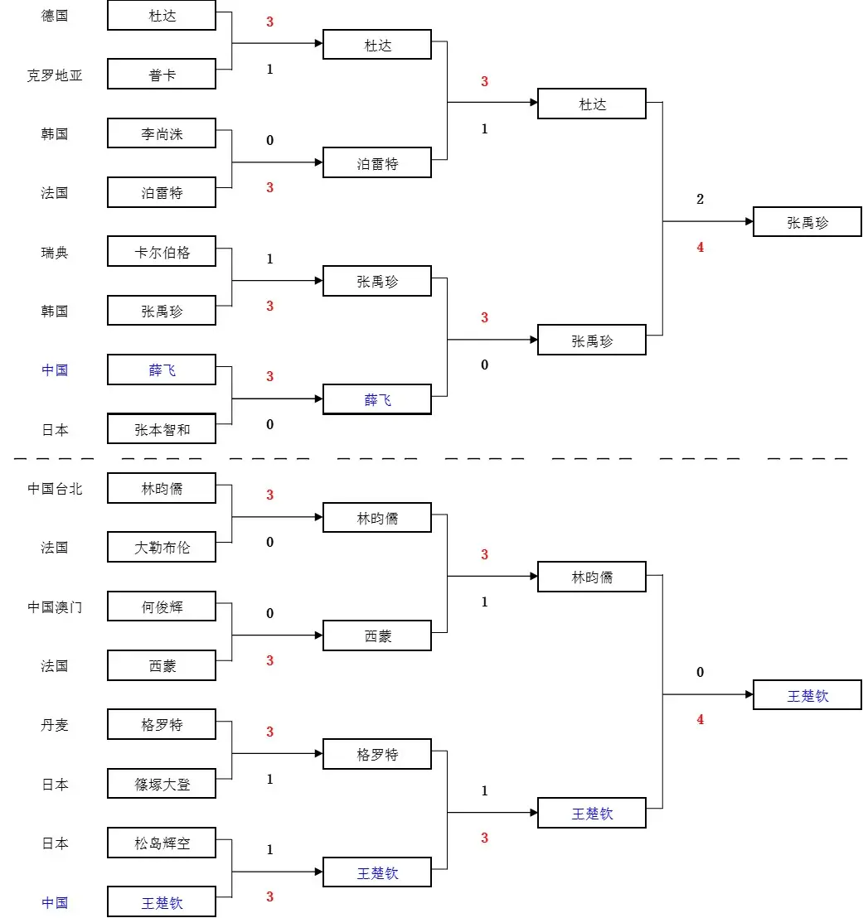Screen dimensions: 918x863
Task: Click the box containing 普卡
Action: click(x=162, y=75)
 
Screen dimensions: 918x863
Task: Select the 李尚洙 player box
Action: click(x=162, y=133)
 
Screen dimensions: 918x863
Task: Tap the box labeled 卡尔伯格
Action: click(x=162, y=252)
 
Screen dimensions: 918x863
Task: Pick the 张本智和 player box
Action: click(x=162, y=429)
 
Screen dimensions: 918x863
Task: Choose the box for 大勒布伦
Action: click(x=162, y=547)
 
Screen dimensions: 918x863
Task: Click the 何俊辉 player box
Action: click(x=162, y=606)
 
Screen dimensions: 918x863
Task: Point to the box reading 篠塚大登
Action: click(x=162, y=784)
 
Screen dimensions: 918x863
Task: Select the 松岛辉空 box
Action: click(x=162, y=843)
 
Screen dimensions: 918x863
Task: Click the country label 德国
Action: click(x=55, y=16)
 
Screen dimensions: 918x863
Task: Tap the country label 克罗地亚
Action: click(x=55, y=75)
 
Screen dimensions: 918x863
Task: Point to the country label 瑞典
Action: click(x=55, y=253)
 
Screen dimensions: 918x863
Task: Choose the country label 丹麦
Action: click(x=55, y=725)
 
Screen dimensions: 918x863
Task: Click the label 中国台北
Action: click(x=55, y=489)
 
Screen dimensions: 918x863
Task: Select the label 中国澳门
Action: click(x=55, y=607)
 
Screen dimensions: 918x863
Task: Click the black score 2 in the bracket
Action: click(x=700, y=199)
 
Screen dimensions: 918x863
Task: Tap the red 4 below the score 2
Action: click(x=700, y=247)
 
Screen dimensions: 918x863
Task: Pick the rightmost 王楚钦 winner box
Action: click(x=807, y=695)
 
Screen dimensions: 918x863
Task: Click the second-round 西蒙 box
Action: click(x=377, y=636)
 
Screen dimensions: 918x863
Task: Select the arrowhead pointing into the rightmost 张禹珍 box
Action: click(x=748, y=222)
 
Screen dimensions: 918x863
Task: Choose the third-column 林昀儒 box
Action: click(x=591, y=577)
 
